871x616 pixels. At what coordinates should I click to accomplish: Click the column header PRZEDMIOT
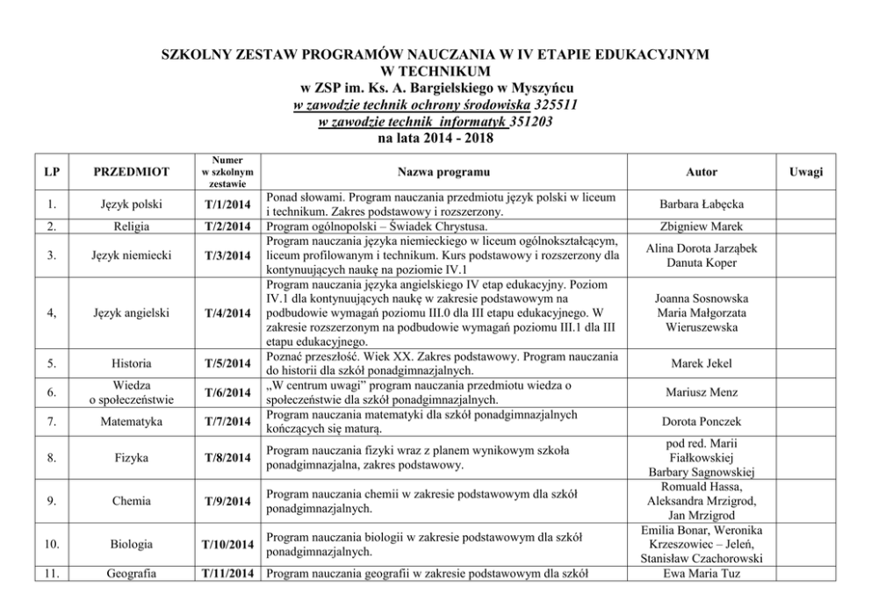pos(133,171)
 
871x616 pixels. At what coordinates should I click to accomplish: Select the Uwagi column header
pos(804,171)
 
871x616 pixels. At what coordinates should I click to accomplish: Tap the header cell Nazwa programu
pos(443,171)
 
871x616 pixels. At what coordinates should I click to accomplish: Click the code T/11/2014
pos(227,575)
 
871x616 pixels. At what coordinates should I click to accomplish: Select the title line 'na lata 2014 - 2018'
pos(435,138)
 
